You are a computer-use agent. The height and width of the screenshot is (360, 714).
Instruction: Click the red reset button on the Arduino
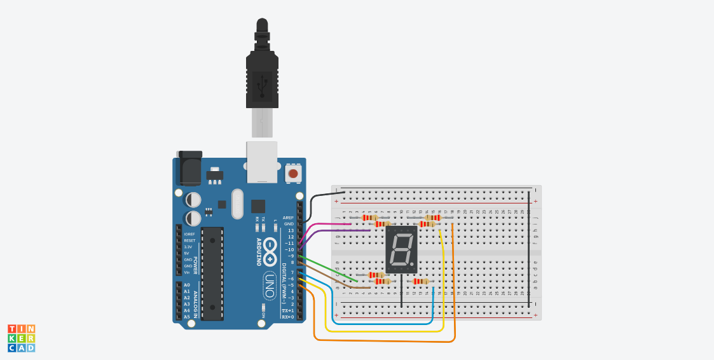[293, 173]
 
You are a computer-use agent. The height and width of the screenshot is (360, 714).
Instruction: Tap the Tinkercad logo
[21, 338]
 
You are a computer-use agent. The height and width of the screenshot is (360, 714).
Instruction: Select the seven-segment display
[401, 249]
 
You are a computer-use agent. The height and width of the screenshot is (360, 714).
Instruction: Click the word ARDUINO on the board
[259, 252]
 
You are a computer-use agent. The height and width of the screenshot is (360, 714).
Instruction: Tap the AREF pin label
[289, 218]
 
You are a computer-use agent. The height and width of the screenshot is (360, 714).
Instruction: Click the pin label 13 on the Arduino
[291, 230]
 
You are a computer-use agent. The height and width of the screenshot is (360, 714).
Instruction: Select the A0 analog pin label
[187, 285]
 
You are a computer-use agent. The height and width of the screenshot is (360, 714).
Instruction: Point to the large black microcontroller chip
[212, 273]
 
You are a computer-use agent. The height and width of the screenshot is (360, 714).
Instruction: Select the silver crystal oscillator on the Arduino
[237, 204]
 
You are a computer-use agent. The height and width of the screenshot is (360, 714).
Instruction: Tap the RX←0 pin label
[287, 317]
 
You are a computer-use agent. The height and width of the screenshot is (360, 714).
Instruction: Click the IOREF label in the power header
[189, 234]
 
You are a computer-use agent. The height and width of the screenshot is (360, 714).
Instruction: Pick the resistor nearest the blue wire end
[421, 281]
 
